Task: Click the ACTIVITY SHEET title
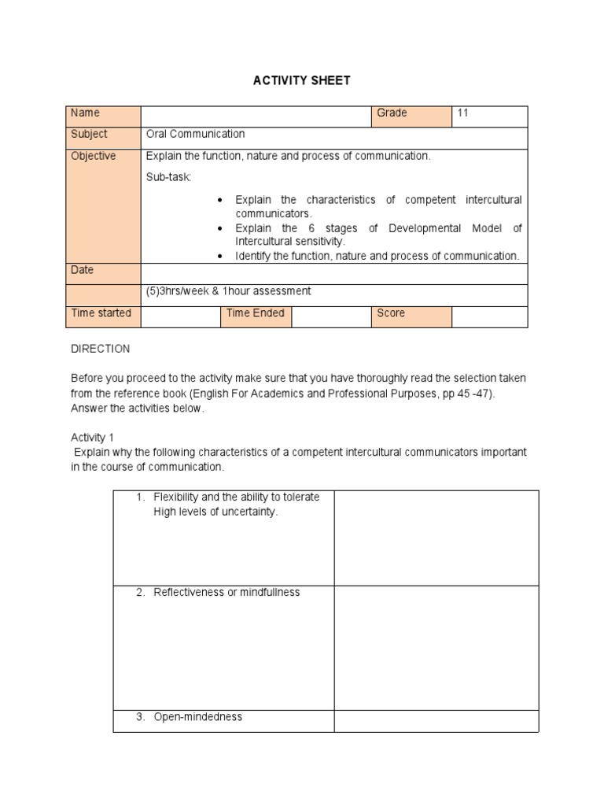coord(301,81)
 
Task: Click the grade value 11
coord(462,113)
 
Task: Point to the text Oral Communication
coord(195,135)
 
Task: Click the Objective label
coord(93,156)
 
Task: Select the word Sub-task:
coord(168,177)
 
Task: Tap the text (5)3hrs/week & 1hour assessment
coord(228,291)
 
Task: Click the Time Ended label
coord(255,313)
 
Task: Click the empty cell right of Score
coord(489,316)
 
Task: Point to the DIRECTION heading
coord(101,349)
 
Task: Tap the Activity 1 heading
coord(93,438)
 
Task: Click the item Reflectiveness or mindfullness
coord(226,593)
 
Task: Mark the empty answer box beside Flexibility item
coord(436,538)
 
